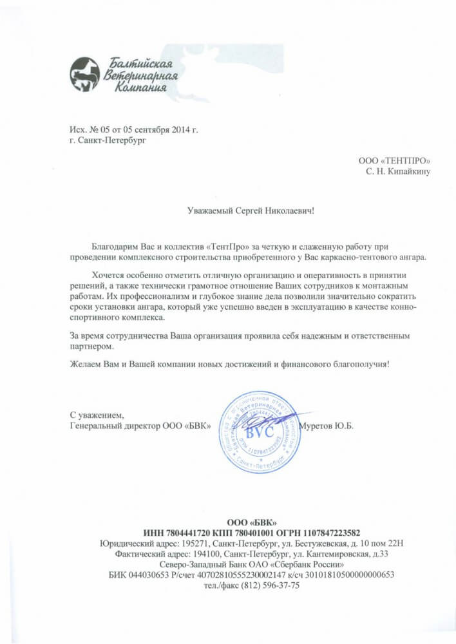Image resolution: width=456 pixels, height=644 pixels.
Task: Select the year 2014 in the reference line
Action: (x=182, y=130)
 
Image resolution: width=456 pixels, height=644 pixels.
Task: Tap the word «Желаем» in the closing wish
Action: (x=83, y=364)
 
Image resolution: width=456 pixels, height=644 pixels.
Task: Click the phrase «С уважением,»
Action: (x=96, y=415)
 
